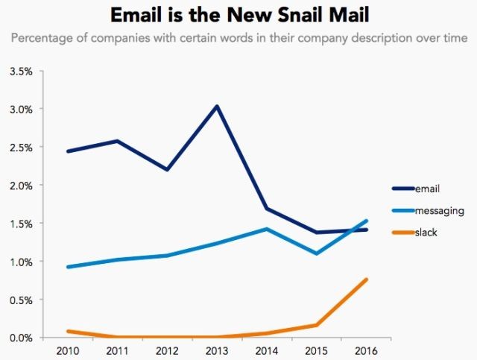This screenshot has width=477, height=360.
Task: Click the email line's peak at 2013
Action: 216,106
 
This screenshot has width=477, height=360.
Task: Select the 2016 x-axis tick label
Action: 365,350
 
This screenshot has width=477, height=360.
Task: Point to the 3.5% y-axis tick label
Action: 21,72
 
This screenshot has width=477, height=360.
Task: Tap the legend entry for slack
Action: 426,233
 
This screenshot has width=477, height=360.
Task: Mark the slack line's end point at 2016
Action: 365,280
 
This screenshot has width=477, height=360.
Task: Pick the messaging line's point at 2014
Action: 266,229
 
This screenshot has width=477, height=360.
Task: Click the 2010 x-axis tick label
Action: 67,350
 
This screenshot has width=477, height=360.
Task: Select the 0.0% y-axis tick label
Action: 21,338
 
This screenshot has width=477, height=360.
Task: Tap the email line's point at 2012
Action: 166,170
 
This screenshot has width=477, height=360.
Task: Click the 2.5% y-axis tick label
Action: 21,148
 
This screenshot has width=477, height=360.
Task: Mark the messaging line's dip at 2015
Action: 316,253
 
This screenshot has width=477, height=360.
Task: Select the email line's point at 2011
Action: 117,141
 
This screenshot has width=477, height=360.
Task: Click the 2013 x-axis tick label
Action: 216,350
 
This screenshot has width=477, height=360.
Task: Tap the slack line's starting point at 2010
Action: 68,331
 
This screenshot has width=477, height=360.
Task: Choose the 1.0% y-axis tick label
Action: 21,262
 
